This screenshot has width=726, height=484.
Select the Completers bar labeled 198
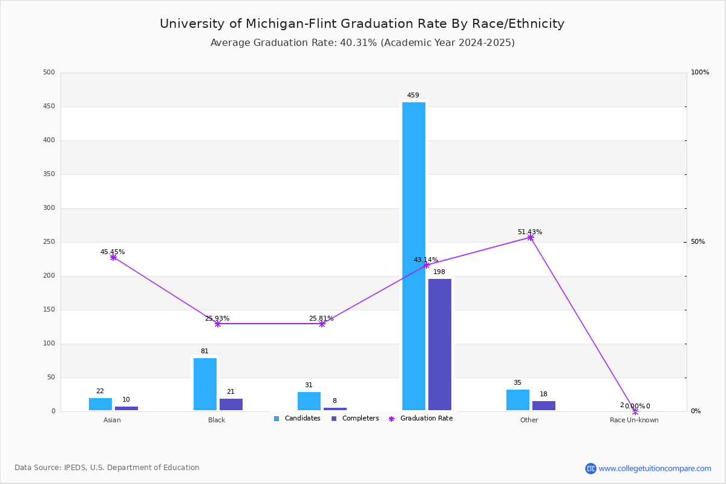[x=440, y=344]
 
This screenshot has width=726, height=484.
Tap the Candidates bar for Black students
[x=205, y=384]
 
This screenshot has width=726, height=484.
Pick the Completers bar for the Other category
[x=544, y=406]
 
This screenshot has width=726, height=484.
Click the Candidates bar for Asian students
[x=100, y=404]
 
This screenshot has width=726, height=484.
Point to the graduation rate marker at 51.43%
[x=531, y=238]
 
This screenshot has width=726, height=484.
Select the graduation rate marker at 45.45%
[x=113, y=258]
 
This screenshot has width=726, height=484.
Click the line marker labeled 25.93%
[x=218, y=324]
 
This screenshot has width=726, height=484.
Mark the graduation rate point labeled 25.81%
[x=322, y=324]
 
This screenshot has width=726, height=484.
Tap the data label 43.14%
[x=426, y=260]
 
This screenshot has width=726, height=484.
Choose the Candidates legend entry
[x=297, y=419]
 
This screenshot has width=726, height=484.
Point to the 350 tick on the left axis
[x=49, y=174]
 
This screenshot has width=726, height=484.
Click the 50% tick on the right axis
[x=698, y=242]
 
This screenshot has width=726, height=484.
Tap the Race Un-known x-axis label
[x=634, y=420]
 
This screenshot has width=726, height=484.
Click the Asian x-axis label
[x=112, y=420]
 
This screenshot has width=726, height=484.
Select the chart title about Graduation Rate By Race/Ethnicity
[x=362, y=24]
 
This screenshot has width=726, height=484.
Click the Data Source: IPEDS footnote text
[x=107, y=468]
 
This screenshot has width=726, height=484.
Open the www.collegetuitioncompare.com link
[x=655, y=468]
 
